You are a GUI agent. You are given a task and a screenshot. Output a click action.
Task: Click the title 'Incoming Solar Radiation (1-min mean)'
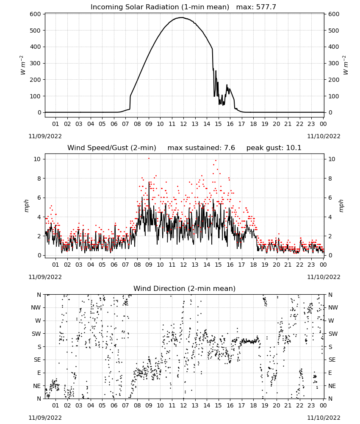click(x=160, y=7)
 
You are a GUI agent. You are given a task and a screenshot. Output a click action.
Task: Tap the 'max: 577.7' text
click(x=256, y=7)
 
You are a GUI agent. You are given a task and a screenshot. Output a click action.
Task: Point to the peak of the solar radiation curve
click(x=182, y=17)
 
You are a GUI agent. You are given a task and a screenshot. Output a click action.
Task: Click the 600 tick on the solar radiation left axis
click(x=36, y=14)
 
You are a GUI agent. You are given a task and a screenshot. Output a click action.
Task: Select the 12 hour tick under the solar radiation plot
click(x=183, y=124)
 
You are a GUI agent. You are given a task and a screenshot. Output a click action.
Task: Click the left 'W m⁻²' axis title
click(x=23, y=65)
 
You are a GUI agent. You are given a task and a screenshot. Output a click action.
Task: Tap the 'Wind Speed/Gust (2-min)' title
click(x=112, y=148)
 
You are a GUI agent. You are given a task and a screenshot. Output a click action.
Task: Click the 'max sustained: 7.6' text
click(x=201, y=148)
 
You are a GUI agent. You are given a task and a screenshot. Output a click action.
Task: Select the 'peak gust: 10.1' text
click(x=274, y=148)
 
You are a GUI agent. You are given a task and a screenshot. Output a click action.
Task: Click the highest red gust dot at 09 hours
click(x=149, y=158)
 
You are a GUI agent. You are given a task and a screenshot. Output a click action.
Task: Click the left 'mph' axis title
click(x=26, y=206)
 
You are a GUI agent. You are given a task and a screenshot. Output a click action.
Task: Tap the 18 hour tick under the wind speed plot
click(x=253, y=265)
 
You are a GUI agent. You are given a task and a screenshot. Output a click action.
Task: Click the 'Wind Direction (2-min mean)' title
click(x=185, y=288)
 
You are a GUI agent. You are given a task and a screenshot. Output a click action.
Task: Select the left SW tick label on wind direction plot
click(x=36, y=334)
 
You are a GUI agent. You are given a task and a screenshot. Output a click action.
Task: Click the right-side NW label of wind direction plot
click(x=333, y=307)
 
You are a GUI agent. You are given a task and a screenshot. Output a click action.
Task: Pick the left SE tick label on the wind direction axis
click(x=37, y=360)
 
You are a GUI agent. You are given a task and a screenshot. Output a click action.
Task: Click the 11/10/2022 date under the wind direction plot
click(x=324, y=418)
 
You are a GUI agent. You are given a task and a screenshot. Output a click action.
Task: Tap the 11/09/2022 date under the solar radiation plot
click(x=45, y=136)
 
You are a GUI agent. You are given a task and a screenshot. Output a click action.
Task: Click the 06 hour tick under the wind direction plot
click(x=114, y=405)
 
